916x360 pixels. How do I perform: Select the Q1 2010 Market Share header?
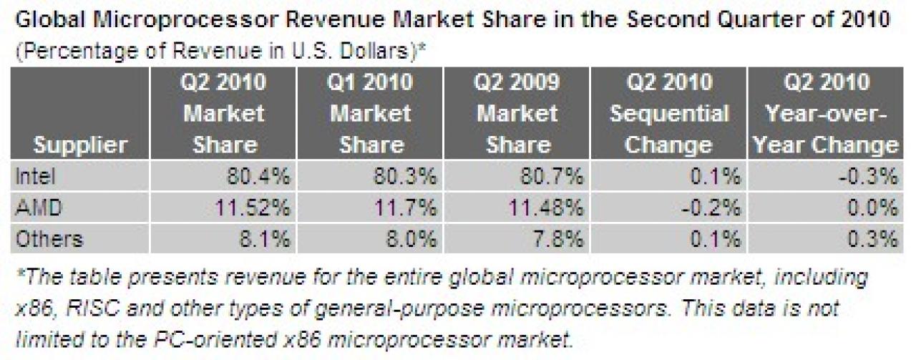click(371, 113)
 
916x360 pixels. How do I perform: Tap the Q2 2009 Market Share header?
click(517, 113)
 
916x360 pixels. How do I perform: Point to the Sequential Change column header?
click(669, 113)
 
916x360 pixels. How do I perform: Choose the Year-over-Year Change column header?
click(826, 113)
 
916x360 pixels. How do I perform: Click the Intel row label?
click(35, 177)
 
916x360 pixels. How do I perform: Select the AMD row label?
click(39, 208)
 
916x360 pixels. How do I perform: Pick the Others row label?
click(49, 239)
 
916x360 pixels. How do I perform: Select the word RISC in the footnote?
click(93, 308)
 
